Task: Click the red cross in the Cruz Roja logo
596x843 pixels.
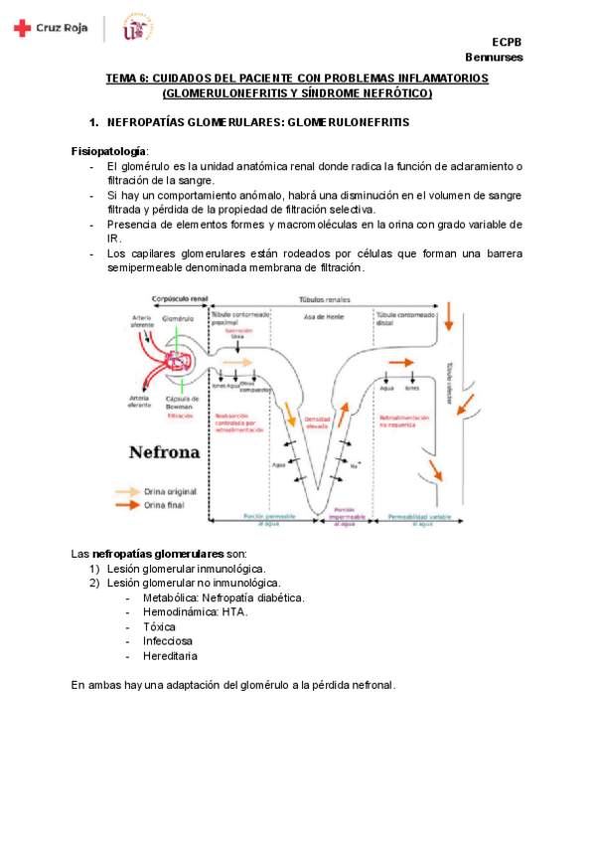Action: [x=22, y=30]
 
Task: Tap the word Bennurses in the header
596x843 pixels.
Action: [x=494, y=57]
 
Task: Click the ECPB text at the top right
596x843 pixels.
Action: [x=508, y=42]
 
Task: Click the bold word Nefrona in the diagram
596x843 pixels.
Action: [x=165, y=452]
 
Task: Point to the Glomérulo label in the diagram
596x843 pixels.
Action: [x=180, y=318]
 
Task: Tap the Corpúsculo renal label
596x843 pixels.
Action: [x=179, y=298]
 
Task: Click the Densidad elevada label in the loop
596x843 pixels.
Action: [x=317, y=421]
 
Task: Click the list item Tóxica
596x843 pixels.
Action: [x=159, y=627]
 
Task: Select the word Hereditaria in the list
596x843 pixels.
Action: [x=170, y=656]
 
